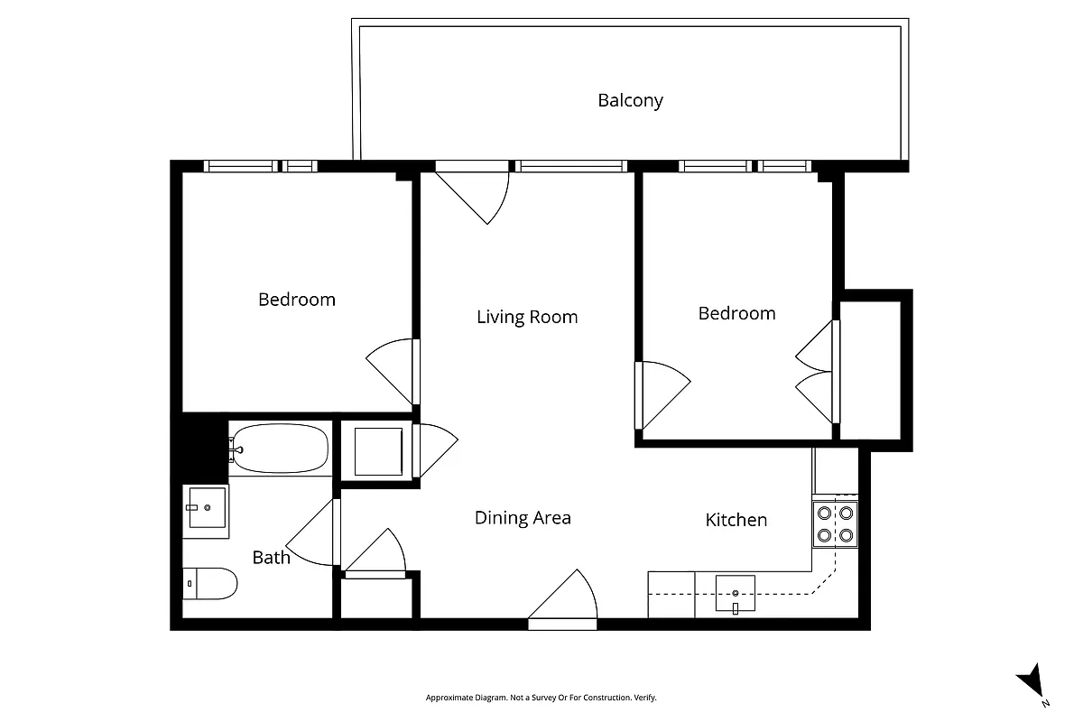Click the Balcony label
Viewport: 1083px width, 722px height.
coord(630,100)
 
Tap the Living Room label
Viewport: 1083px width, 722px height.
coord(527,317)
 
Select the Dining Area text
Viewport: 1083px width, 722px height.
coord(523,518)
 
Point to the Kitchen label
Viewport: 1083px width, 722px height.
coord(736,520)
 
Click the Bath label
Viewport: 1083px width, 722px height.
coord(271,558)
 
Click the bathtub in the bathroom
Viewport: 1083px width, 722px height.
coord(280,448)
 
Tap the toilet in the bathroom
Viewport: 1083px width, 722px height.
coord(209,583)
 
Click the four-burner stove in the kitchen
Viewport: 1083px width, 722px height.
coord(834,524)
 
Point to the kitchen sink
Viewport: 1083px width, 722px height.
coord(736,594)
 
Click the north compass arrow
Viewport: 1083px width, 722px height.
coord(1031,682)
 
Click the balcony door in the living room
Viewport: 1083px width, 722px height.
coord(476,194)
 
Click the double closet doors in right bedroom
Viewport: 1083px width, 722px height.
coord(817,372)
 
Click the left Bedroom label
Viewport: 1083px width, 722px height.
coord(296,299)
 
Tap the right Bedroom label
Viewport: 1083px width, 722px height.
coord(736,313)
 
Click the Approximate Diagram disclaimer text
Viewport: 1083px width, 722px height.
coord(541,698)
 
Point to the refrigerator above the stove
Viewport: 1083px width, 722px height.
coord(835,470)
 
